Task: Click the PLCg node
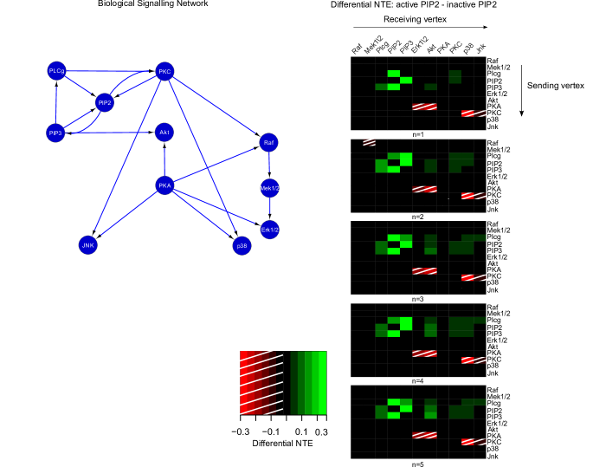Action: (56, 70)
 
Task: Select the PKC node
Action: (164, 71)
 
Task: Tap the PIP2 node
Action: (105, 102)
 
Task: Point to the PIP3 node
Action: (55, 133)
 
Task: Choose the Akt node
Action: (164, 132)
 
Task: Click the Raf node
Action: (268, 142)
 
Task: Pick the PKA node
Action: (164, 185)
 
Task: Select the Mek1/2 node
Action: (269, 187)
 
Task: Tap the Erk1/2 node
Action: (269, 230)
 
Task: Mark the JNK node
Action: (87, 245)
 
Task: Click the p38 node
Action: (242, 246)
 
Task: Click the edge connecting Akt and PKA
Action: (164, 159)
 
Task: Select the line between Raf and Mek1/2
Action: (268, 165)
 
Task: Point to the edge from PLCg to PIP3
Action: (56, 101)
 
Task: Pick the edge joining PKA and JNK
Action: (126, 215)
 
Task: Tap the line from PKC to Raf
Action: (216, 107)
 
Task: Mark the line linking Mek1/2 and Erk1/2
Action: (269, 209)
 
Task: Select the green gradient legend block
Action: (309, 383)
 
